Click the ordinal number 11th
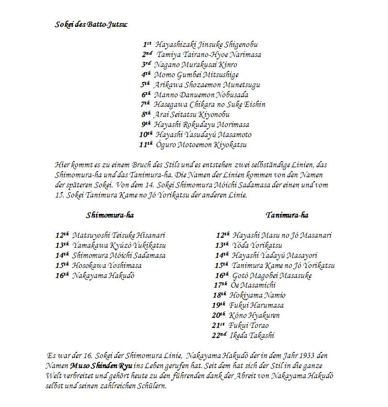click(x=145, y=144)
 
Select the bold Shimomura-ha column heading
click(x=110, y=215)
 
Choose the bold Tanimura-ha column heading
click(x=287, y=215)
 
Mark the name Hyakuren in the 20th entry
click(x=264, y=315)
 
